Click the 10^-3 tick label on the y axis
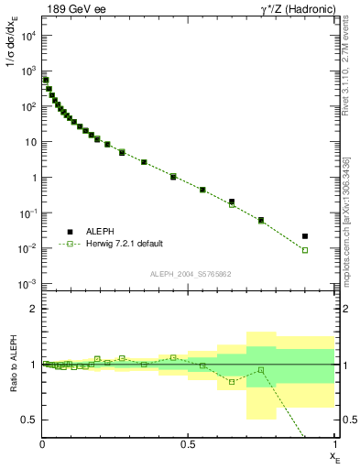coord(27,284)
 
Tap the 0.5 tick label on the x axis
coord(188,444)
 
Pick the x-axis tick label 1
coord(333,444)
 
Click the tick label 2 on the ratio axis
coord(32,309)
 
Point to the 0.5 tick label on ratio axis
coord(28,420)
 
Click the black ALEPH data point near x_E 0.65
coord(232,202)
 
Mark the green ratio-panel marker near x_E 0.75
coord(261,370)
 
